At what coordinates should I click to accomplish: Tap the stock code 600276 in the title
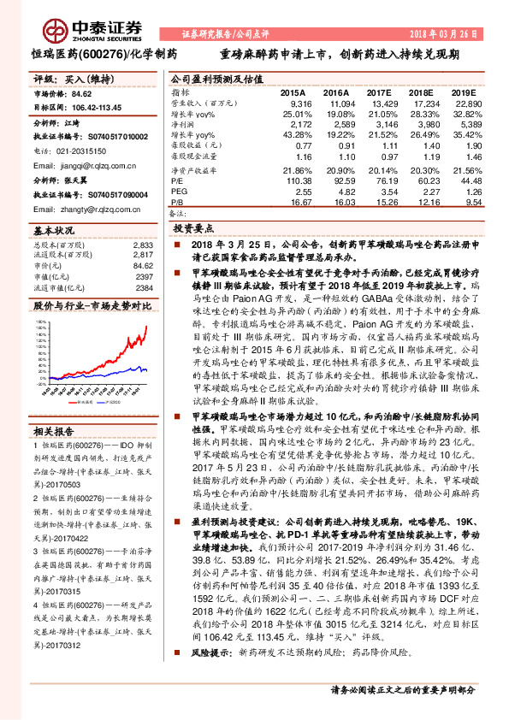tap(103, 54)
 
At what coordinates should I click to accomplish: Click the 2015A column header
tap(292, 91)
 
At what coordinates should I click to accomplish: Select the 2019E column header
tap(463, 91)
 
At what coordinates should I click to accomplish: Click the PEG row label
tap(180, 192)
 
